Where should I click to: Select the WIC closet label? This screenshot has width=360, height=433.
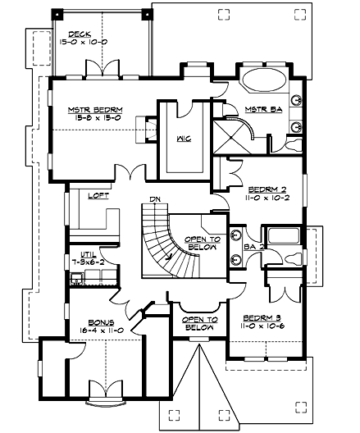point(184,139)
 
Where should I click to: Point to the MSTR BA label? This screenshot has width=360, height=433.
point(263,109)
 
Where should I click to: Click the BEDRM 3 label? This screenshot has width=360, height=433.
point(264,317)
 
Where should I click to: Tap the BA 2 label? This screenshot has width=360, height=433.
point(253,245)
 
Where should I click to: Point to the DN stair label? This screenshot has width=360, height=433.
point(155,199)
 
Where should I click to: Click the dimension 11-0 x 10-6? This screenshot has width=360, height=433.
point(264,325)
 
